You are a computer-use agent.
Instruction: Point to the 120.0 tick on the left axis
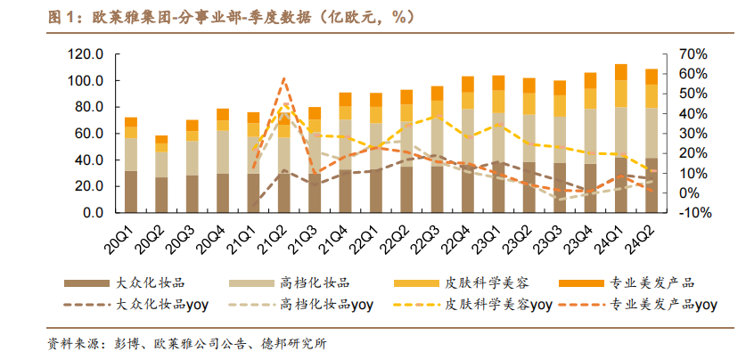pyautogui.click(x=86, y=54)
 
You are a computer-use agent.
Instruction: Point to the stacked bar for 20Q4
pyautogui.click(x=223, y=161)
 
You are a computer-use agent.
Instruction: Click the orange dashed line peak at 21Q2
pyautogui.click(x=284, y=78)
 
